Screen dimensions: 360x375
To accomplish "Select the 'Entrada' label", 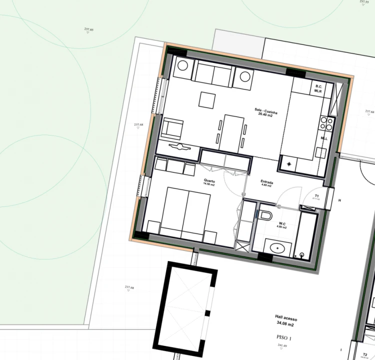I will (x=266, y=182).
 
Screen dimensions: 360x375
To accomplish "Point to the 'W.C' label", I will (x=282, y=223).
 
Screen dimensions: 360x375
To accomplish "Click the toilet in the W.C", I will (x=265, y=215).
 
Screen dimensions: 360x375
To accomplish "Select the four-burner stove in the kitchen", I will (x=326, y=122).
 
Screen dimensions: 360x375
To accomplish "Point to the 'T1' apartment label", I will (x=317, y=195).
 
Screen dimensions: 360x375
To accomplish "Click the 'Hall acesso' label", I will (x=286, y=317).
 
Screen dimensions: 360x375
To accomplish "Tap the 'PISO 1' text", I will (x=283, y=338).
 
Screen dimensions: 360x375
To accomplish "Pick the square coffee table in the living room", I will (x=206, y=99).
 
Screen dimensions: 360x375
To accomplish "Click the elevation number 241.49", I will (x=282, y=345).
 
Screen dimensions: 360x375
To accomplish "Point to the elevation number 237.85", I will (x=88, y=30).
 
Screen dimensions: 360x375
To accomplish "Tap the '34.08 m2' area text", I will (x=286, y=323).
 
